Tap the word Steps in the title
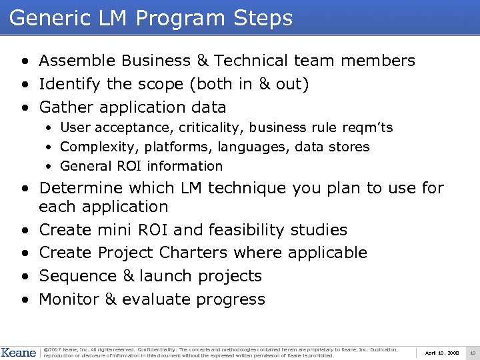pyautogui.click(x=265, y=18)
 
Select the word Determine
pyautogui.click(x=81, y=189)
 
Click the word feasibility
pyautogui.click(x=247, y=230)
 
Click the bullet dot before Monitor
pyautogui.click(x=24, y=299)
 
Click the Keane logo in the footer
pyautogui.click(x=19, y=352)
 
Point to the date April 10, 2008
pyautogui.click(x=441, y=352)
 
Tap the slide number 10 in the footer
pyautogui.click(x=472, y=352)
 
